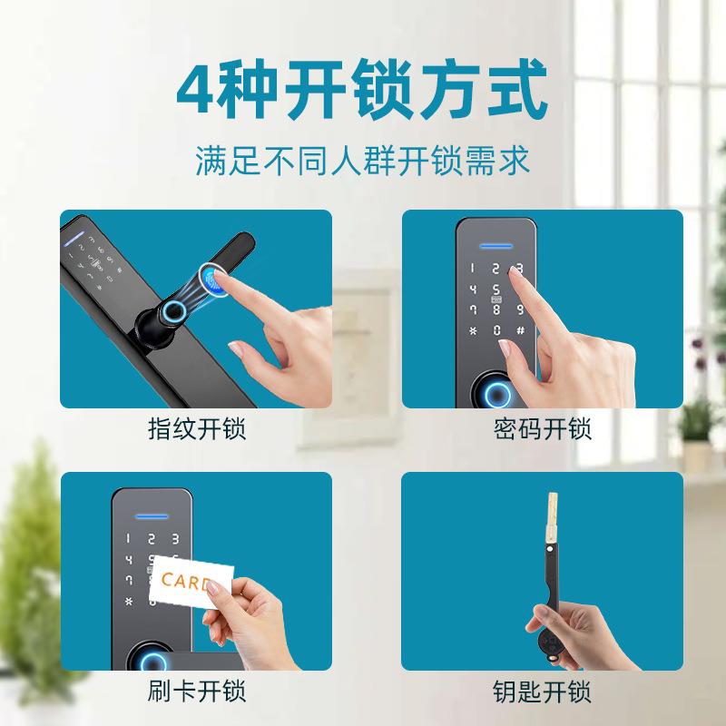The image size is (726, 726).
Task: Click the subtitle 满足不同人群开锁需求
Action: (362, 162)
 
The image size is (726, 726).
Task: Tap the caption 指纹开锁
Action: (196, 428)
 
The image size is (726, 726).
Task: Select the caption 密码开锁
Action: (542, 428)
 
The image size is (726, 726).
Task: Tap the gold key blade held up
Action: (550, 527)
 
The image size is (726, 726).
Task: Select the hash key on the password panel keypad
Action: (520, 330)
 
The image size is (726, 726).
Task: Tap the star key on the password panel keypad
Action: (472, 330)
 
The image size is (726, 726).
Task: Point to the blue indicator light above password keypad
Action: (495, 244)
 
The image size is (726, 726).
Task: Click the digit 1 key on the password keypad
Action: (472, 270)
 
